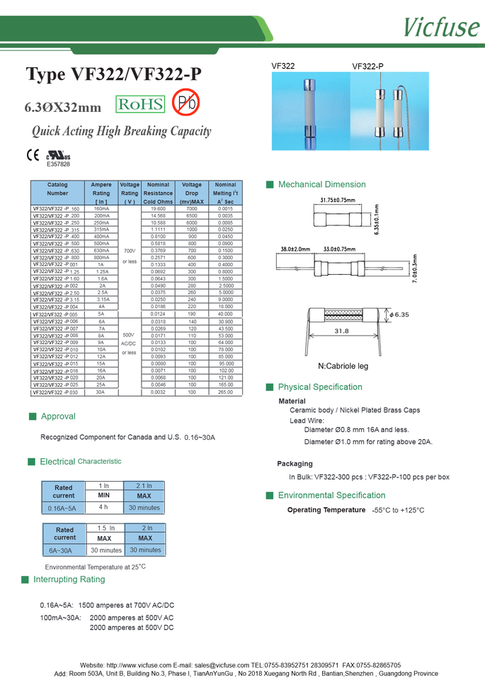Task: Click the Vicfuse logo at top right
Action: pyautogui.click(x=441, y=26)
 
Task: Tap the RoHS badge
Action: pyautogui.click(x=139, y=105)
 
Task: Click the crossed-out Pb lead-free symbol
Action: pyautogui.click(x=186, y=103)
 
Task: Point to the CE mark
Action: pyautogui.click(x=33, y=154)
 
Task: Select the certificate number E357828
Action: pyautogui.click(x=58, y=164)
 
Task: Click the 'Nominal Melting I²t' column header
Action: pyautogui.click(x=225, y=193)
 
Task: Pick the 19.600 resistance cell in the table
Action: pyautogui.click(x=158, y=209)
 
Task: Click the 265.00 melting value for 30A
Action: pyautogui.click(x=225, y=392)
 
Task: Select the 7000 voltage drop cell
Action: pyautogui.click(x=192, y=209)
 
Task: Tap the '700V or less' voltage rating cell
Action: pyautogui.click(x=129, y=256)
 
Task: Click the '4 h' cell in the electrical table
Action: pyautogui.click(x=103, y=507)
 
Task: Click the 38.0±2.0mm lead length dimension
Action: pyautogui.click(x=296, y=249)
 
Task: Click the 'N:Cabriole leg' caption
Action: pyautogui.click(x=343, y=366)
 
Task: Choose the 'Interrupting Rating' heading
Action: pyautogui.click(x=69, y=579)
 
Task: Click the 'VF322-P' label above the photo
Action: pyautogui.click(x=367, y=67)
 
